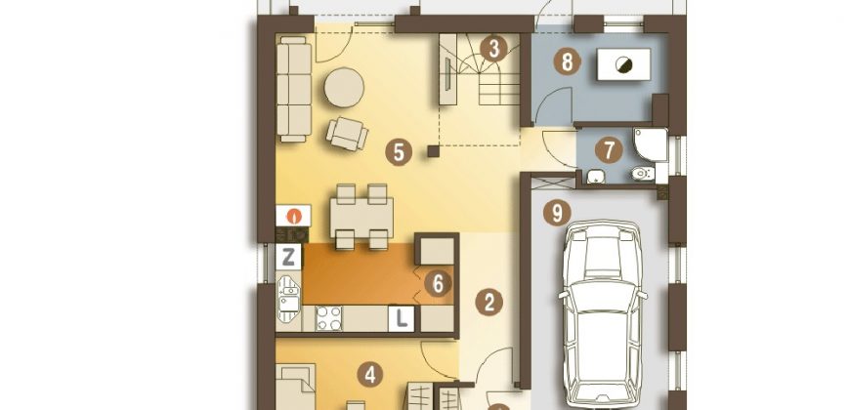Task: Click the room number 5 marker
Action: [399, 152]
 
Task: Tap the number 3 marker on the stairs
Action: [493, 48]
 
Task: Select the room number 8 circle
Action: [567, 62]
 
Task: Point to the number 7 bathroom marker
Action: [609, 151]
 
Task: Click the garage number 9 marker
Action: [557, 213]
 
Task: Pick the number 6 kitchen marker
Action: [438, 283]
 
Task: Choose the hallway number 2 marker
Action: [489, 303]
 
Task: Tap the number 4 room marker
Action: [370, 374]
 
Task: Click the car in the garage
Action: [603, 314]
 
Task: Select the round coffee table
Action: [344, 87]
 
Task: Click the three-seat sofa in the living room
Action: [294, 90]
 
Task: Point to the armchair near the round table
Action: [347, 134]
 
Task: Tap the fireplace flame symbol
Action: [294, 216]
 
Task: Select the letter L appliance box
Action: [402, 319]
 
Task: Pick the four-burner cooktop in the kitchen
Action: [328, 318]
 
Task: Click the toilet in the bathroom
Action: [644, 174]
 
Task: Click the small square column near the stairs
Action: [433, 151]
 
